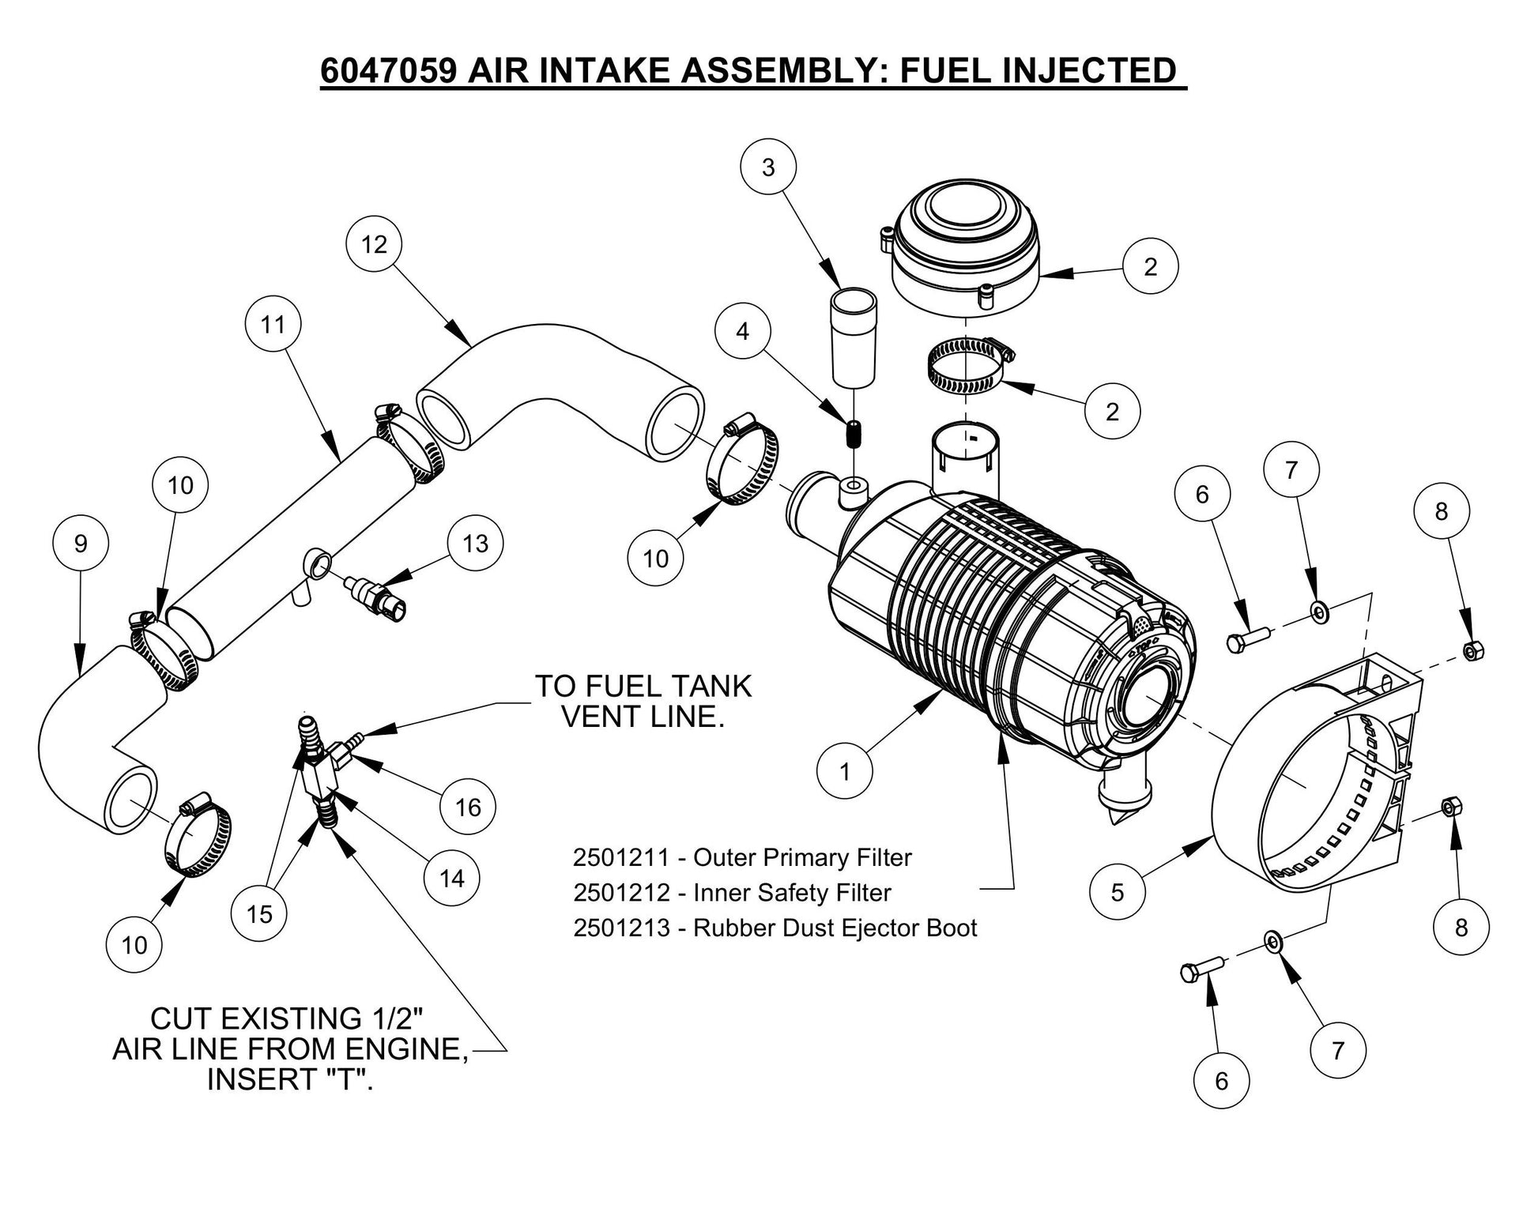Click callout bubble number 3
(767, 168)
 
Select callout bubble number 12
(374, 244)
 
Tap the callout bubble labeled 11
(273, 324)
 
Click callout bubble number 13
(475, 544)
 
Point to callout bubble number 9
(81, 544)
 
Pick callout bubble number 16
(468, 807)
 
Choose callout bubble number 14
(451, 878)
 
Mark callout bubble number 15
(259, 914)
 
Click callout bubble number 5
(1117, 893)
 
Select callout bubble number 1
(845, 771)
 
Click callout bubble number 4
(742, 331)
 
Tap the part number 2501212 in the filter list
(620, 893)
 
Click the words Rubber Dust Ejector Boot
(835, 928)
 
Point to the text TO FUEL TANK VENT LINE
(643, 702)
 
